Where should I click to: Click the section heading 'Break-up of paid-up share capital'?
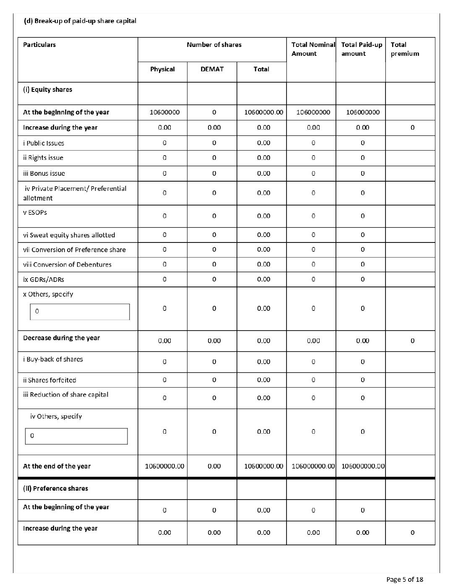85,21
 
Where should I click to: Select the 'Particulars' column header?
39,45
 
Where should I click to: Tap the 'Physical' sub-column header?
162,69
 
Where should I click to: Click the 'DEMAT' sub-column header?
212,69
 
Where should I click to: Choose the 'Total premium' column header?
405,49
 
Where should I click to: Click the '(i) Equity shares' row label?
47,90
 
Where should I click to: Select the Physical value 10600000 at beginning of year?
164,112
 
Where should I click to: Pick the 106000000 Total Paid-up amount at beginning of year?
363,112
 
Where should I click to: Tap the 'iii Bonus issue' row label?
44,174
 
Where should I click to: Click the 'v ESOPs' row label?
35,213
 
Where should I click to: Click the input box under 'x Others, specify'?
80,312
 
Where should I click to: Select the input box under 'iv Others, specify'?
76,436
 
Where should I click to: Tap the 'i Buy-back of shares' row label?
53,359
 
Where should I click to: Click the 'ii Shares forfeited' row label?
49,380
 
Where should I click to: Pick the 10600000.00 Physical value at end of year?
164,466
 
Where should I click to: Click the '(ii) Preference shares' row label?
55,489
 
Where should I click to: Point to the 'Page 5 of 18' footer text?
404,580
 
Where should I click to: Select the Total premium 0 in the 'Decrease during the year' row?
412,341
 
